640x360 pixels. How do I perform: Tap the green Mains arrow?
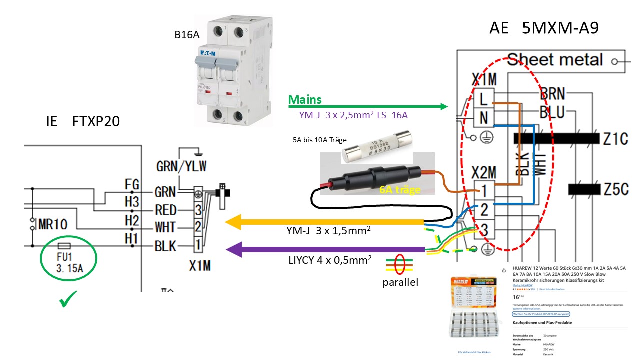[367, 106]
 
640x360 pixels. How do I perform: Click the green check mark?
[65, 301]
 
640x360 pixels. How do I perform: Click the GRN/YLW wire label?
[181, 166]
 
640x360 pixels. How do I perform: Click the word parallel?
[400, 282]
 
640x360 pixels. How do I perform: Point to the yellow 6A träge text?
[399, 190]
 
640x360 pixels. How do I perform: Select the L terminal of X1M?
[483, 99]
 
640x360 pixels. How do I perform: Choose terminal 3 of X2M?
[483, 230]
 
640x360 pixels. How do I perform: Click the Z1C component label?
[614, 138]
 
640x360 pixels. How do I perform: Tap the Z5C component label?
[614, 190]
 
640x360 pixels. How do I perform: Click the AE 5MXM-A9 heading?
[544, 29]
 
